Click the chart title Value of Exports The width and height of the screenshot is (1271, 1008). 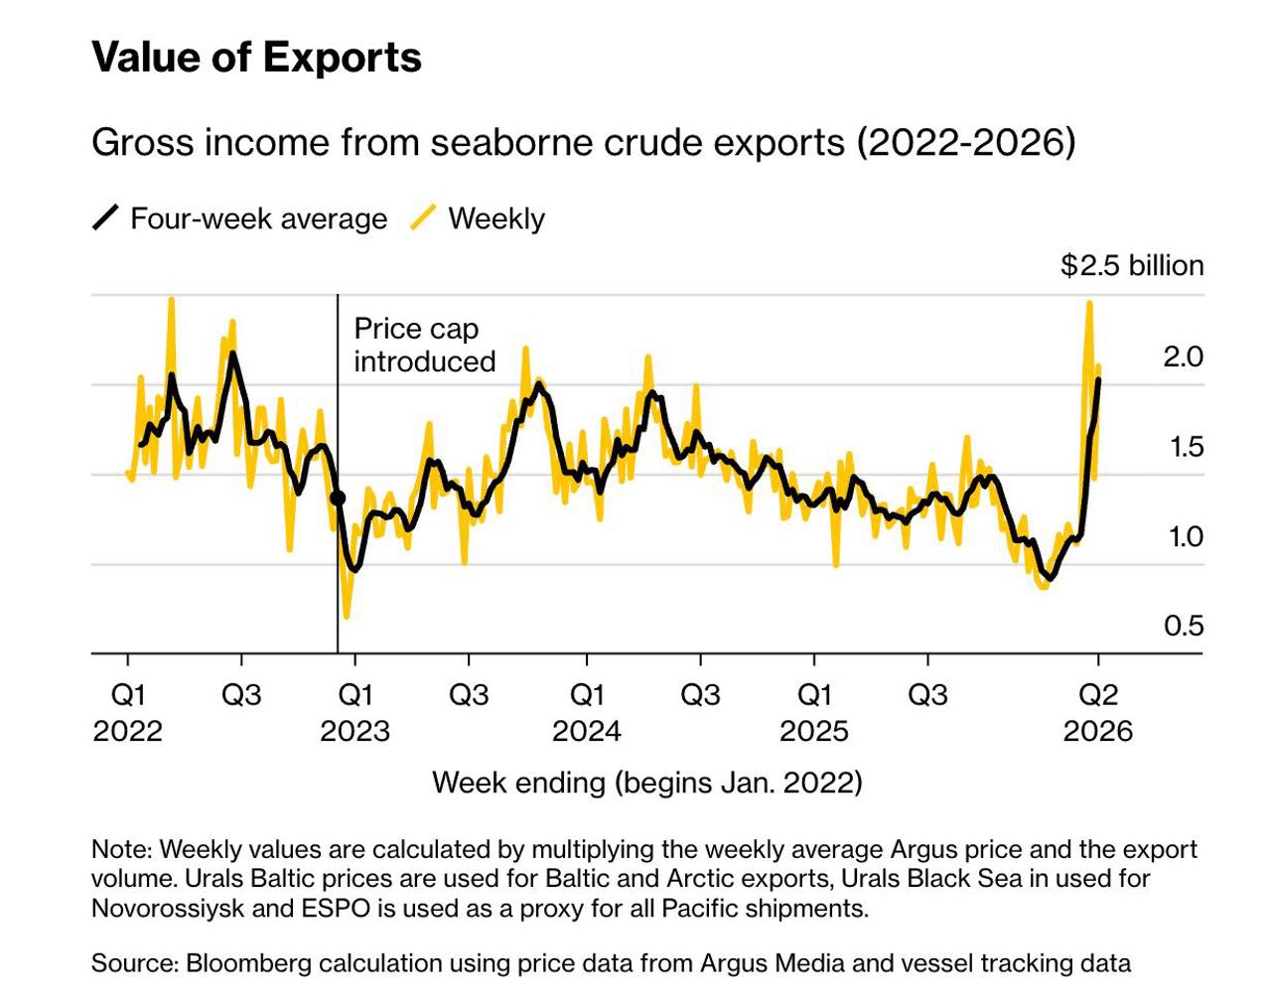tap(256, 57)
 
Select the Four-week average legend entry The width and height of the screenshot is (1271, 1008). tap(258, 218)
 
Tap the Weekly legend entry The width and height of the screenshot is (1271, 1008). tap(495, 218)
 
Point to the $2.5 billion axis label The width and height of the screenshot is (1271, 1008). tap(1132, 265)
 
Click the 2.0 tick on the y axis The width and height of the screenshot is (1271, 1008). tap(1183, 357)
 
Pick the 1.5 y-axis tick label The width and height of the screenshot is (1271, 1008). tap(1183, 447)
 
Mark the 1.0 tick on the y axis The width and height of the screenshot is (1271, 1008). tap(1183, 536)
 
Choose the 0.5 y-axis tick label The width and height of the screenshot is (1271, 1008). tap(1183, 626)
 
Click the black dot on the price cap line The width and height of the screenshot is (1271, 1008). tap(338, 499)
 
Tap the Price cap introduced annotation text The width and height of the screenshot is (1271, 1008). tap(424, 345)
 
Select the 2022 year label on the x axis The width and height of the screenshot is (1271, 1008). tap(127, 732)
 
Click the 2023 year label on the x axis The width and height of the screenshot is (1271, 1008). tap(354, 732)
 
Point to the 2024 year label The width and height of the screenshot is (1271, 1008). tap(586, 732)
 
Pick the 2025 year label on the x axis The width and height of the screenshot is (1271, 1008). tap(814, 732)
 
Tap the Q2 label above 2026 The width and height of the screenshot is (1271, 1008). tap(1098, 694)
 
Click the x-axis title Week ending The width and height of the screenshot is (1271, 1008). tap(646, 783)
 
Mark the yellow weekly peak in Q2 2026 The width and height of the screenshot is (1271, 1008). tap(1089, 303)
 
